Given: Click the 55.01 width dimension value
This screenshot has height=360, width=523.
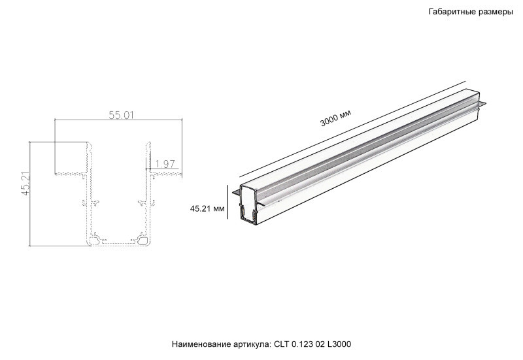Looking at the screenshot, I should point(121,115).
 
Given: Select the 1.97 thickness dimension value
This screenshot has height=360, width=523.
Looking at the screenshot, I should point(165,164).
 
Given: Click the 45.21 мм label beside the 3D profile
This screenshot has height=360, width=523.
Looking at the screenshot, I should point(207,209).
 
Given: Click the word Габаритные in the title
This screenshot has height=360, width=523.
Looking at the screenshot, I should point(451,12).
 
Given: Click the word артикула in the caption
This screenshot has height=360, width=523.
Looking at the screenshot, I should point(248,344).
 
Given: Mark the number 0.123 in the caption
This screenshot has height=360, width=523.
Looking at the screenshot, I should point(303,344).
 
